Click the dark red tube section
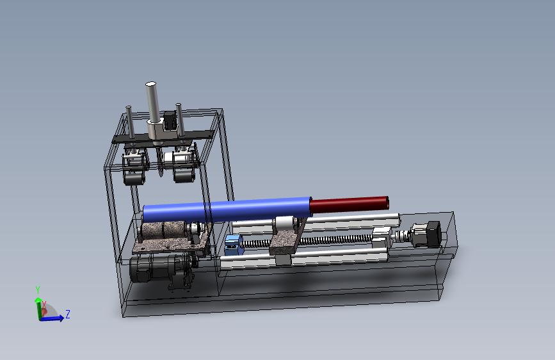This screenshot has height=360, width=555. tap(350, 204)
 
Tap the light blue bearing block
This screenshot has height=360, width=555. tap(233, 245)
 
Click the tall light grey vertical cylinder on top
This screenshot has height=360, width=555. tap(152, 102)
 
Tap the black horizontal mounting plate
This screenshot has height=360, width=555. tap(163, 136)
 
